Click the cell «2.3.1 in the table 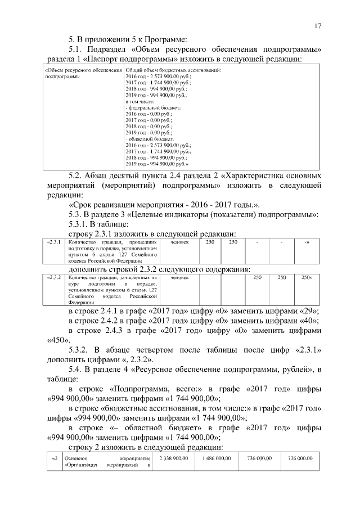pos(54,242)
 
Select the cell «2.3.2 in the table pos(54,278)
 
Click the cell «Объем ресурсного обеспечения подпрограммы pos(83,73)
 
